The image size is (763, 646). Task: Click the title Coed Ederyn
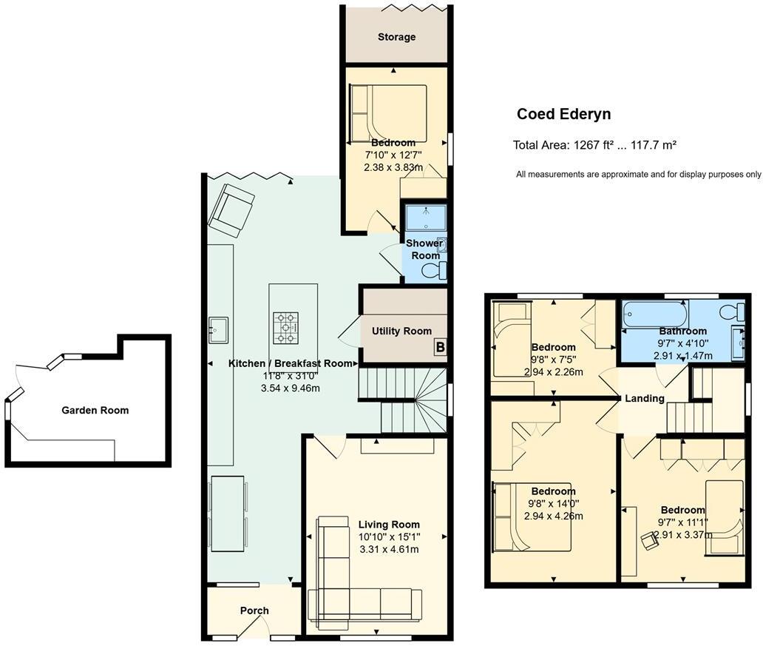(x=563, y=114)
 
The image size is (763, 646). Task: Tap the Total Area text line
(x=594, y=145)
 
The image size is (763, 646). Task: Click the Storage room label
(x=396, y=37)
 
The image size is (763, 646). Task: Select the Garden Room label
(x=95, y=410)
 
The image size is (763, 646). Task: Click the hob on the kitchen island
(x=287, y=326)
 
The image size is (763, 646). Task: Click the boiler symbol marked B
(x=439, y=346)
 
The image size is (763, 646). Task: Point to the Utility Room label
(x=401, y=331)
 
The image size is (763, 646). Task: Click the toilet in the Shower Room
(x=433, y=271)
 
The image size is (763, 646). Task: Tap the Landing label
(x=645, y=398)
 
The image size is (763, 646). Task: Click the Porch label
(x=254, y=610)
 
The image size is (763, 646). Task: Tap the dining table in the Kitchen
(x=228, y=513)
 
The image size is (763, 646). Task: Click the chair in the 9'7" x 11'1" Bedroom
(x=651, y=542)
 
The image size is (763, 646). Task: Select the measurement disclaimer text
(x=638, y=175)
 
